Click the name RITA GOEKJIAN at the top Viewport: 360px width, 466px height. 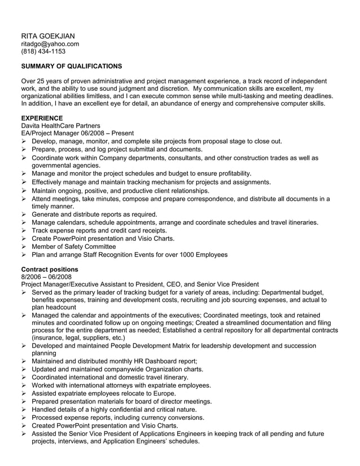pyautogui.click(x=47, y=36)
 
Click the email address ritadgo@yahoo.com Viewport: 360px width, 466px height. pyautogui.click(x=50, y=43)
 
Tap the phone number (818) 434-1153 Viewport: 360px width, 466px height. pyautogui.click(x=43, y=51)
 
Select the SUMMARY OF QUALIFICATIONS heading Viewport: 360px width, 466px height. pyautogui.click(x=71, y=66)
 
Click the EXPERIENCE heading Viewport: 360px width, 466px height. pyautogui.click(x=42, y=117)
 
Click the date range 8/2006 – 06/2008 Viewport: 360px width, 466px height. pyautogui.click(x=46, y=276)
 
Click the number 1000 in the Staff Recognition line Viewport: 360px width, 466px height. pyautogui.click(x=179, y=254)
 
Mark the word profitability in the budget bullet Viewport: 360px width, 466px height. pyautogui.click(x=229, y=174)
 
